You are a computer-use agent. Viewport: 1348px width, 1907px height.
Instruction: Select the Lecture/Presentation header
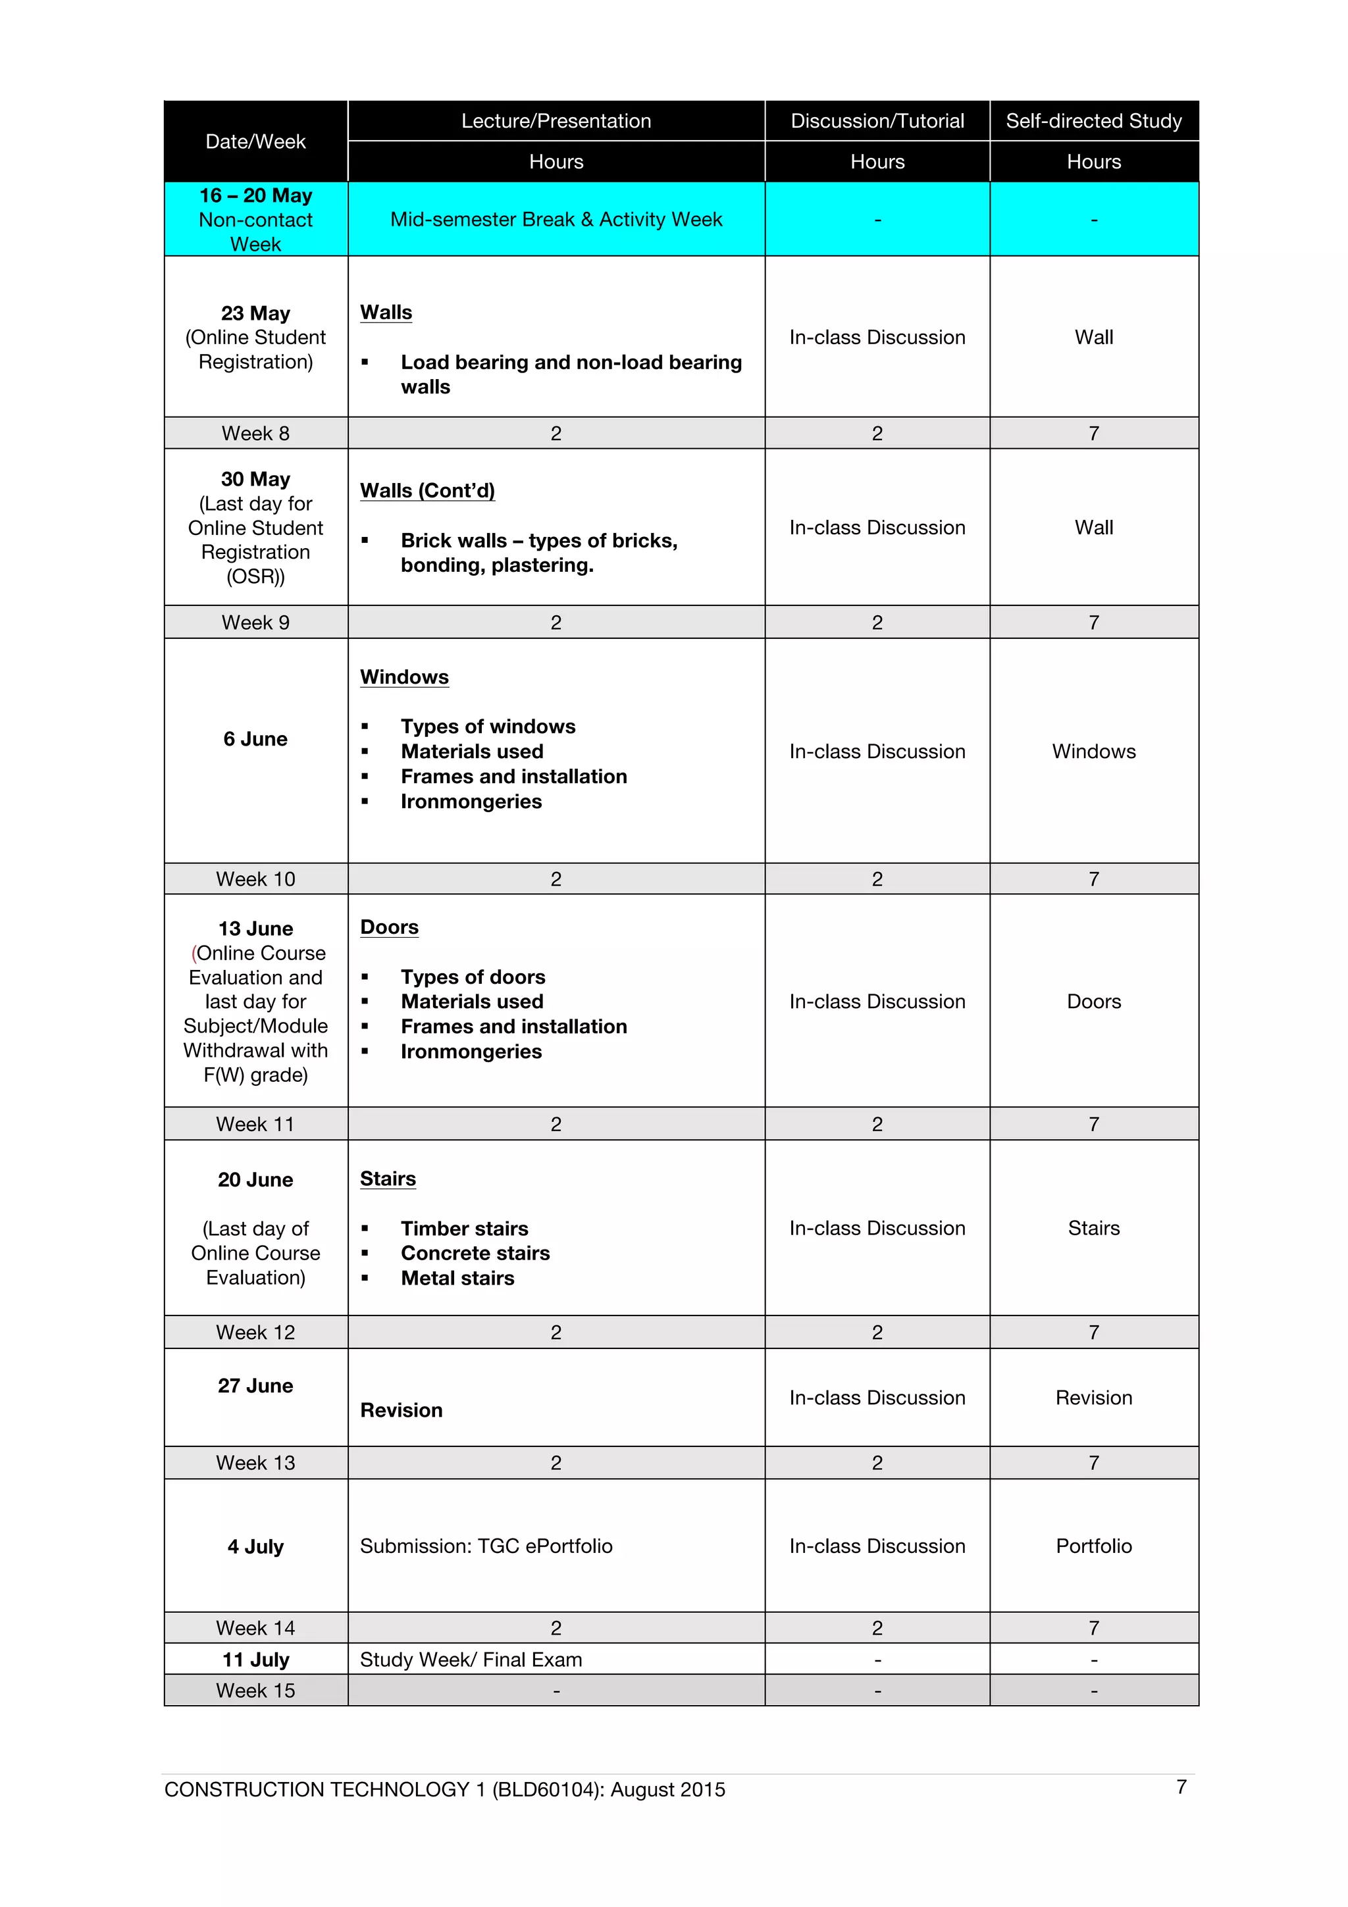tap(556, 121)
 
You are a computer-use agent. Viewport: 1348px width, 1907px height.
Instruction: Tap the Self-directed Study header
tap(1093, 121)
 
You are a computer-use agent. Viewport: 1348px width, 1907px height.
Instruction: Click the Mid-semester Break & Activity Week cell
tap(556, 219)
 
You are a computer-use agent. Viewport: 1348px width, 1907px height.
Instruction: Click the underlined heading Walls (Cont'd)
tap(427, 491)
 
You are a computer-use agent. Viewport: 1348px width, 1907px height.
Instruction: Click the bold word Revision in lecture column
tap(401, 1410)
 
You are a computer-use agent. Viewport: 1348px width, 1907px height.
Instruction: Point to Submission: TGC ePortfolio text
tap(486, 1546)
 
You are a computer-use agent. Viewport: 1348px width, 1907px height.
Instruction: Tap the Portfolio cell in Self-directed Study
tap(1093, 1546)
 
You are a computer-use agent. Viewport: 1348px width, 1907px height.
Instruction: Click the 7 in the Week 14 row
tap(1093, 1628)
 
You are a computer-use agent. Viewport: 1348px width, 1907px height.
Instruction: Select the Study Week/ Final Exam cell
tap(471, 1660)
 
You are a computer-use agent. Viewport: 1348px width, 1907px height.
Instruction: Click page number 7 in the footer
tap(1181, 1787)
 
